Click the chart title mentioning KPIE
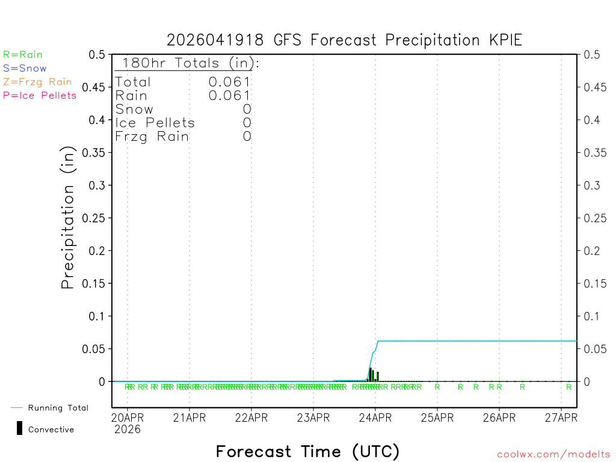pyautogui.click(x=344, y=40)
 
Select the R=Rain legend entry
pyautogui.click(x=23, y=55)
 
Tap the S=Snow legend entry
pyautogui.click(x=25, y=69)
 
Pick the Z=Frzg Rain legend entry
pyautogui.click(x=37, y=82)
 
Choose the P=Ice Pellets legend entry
pyautogui.click(x=40, y=95)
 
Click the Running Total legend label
pyautogui.click(x=58, y=408)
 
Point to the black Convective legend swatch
pyautogui.click(x=20, y=428)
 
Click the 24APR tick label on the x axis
pyautogui.click(x=375, y=417)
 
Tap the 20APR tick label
pyautogui.click(x=128, y=417)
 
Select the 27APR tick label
pyautogui.click(x=561, y=417)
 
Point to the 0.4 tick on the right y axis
pyautogui.click(x=592, y=120)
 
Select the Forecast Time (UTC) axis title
pyautogui.click(x=307, y=451)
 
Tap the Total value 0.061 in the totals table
pyautogui.click(x=230, y=82)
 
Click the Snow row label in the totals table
pyautogui.click(x=134, y=109)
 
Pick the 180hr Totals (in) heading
pyautogui.click(x=187, y=63)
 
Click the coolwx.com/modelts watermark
pyautogui.click(x=553, y=455)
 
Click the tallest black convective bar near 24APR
pyautogui.click(x=371, y=374)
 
